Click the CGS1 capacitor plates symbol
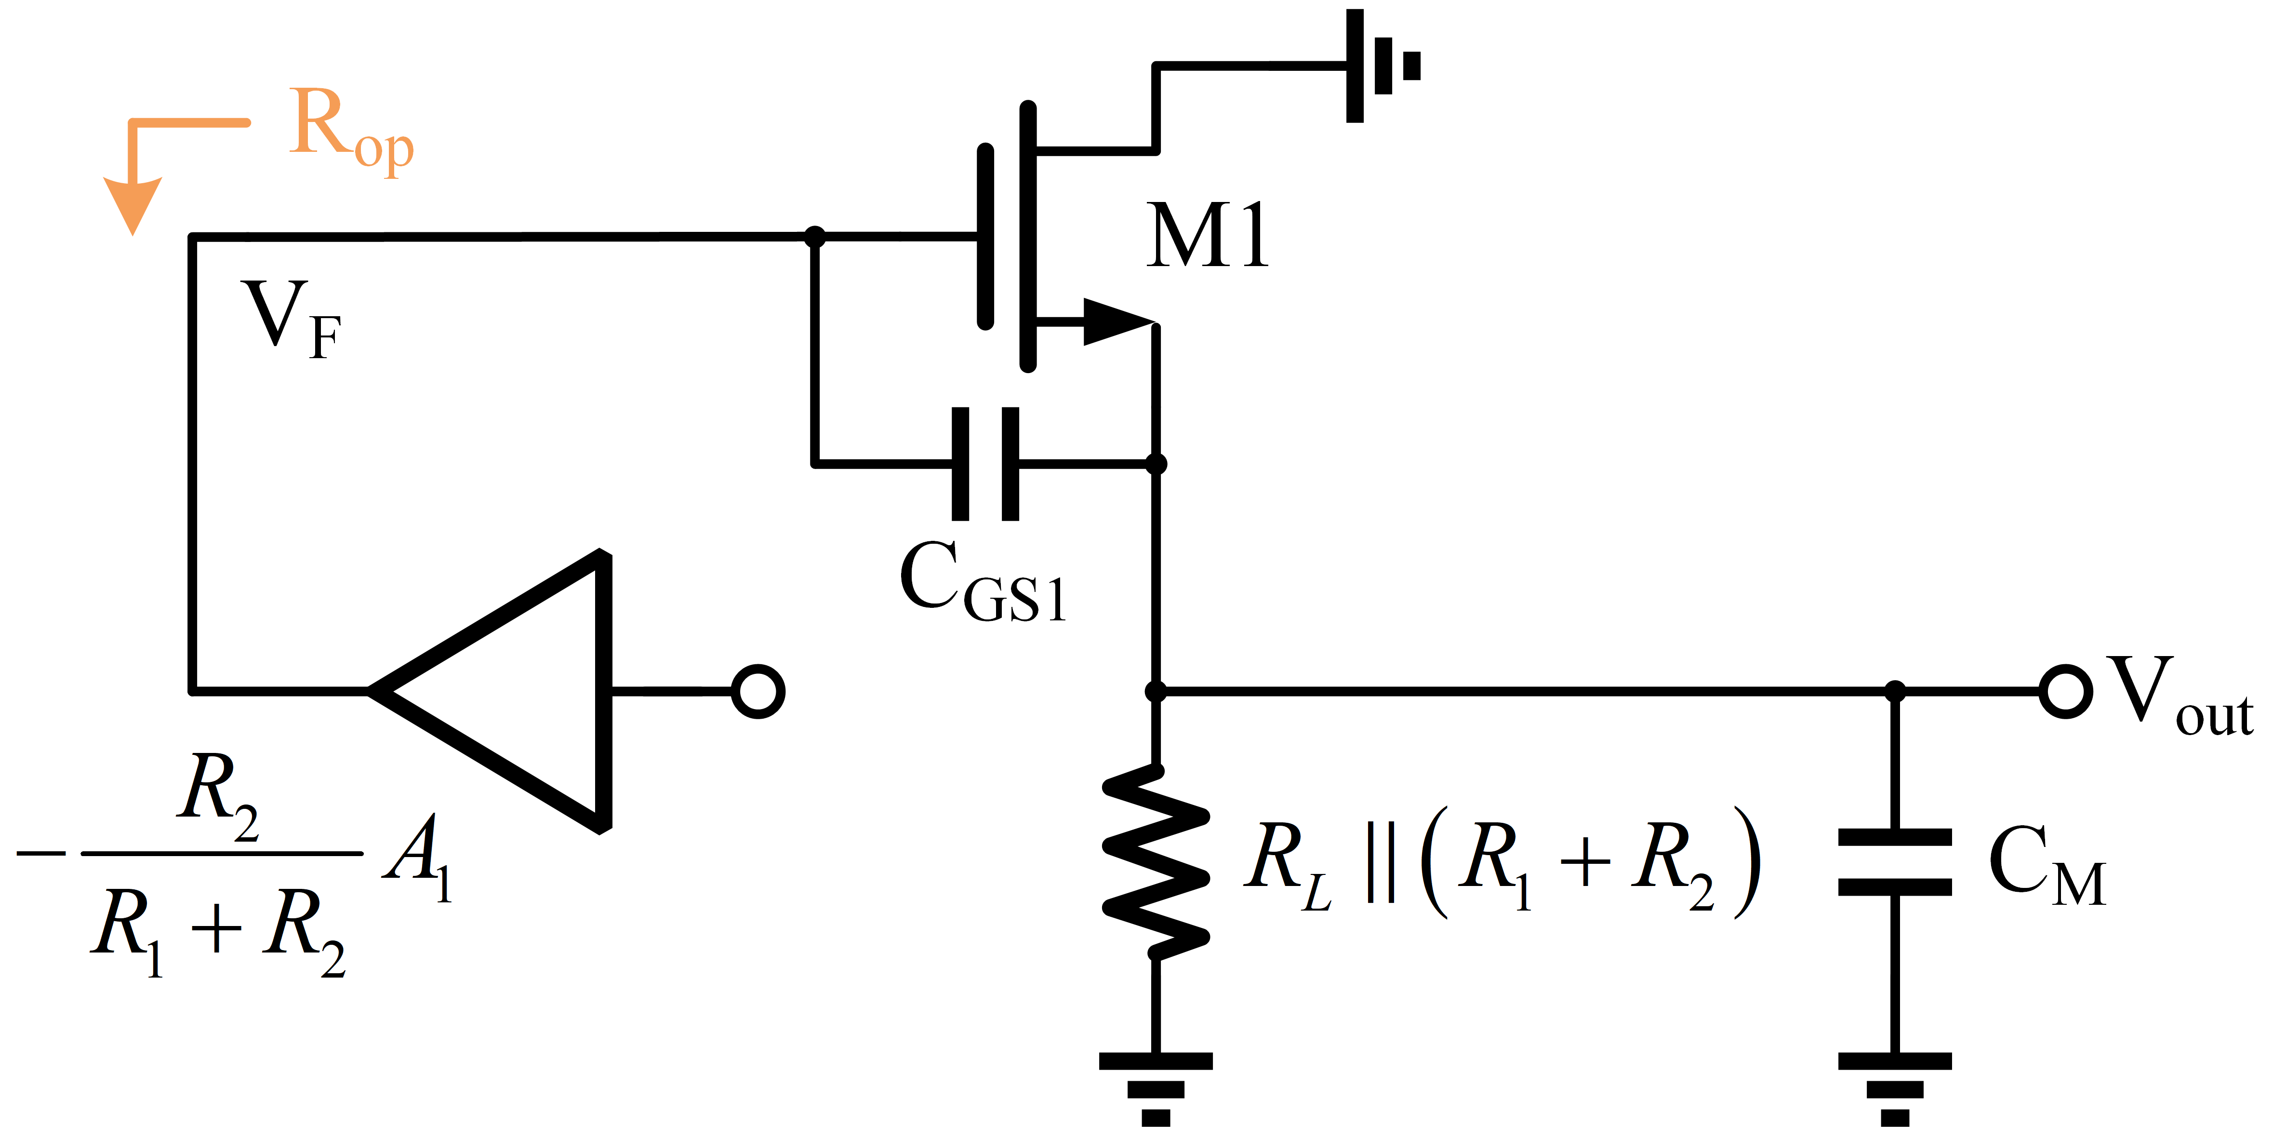[985, 463]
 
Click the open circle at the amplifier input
[758, 691]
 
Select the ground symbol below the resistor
[1156, 1087]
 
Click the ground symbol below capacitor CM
[1895, 1087]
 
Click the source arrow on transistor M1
[1114, 321]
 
